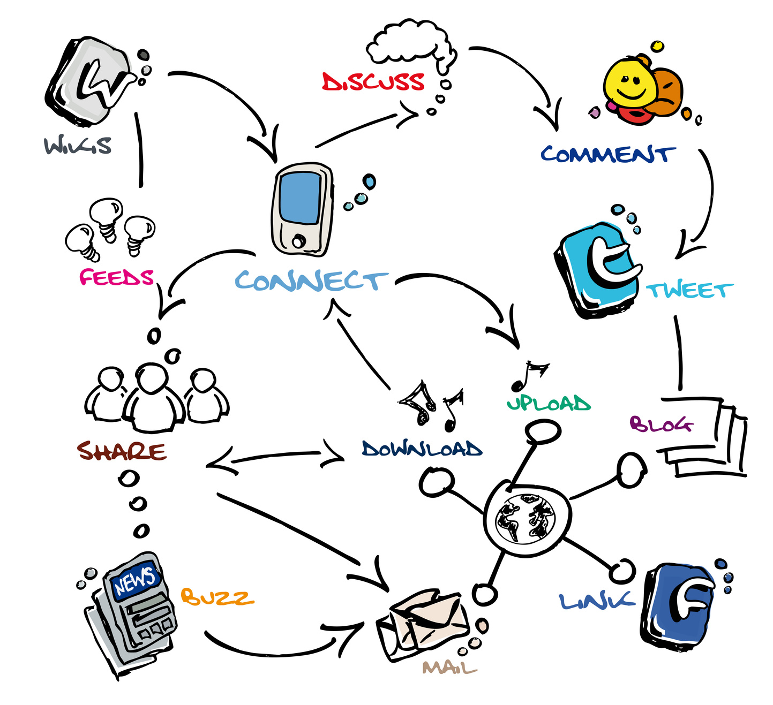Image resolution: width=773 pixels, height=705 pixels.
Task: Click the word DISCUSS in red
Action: (373, 82)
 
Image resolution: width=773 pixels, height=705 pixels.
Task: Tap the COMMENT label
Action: (606, 154)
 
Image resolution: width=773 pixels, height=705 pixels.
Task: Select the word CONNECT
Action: (311, 281)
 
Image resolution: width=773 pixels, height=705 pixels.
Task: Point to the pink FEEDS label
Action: (116, 277)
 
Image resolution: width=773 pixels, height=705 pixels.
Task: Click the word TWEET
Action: (689, 291)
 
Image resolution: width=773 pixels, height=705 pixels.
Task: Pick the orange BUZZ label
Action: (216, 597)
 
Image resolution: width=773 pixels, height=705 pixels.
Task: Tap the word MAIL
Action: (449, 668)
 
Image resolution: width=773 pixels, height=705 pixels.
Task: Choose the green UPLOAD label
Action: (549, 403)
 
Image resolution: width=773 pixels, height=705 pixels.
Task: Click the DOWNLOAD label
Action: (422, 449)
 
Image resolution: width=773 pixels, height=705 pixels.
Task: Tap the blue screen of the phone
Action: (301, 198)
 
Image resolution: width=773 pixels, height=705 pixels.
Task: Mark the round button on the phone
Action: (298, 241)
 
